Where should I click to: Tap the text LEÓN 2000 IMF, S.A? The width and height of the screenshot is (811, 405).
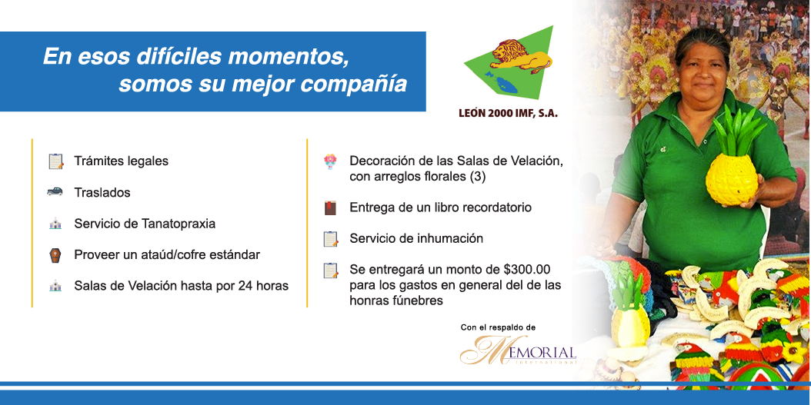(508, 114)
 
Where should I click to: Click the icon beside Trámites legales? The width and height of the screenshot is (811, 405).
(56, 161)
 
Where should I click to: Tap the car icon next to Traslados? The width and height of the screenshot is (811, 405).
(55, 191)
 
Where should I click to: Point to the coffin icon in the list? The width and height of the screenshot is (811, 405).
(55, 255)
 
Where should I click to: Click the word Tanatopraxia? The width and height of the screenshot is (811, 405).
(178, 224)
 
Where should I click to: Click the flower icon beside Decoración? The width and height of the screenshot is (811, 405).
(330, 161)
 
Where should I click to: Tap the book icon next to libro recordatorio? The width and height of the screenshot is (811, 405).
(330, 207)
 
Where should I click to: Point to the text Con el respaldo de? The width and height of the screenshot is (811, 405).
(498, 327)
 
